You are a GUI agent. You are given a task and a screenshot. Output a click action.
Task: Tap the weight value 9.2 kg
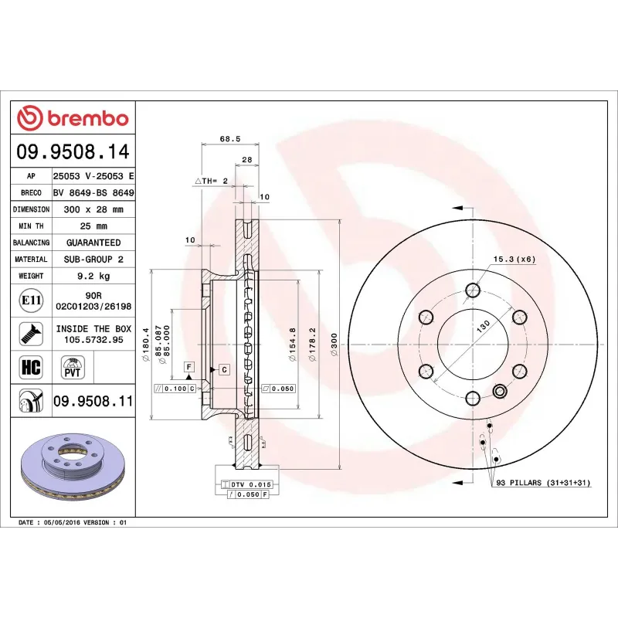tap(93, 276)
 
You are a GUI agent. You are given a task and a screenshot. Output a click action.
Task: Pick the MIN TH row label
tap(31, 226)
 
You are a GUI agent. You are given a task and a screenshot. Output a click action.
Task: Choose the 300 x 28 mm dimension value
tap(93, 209)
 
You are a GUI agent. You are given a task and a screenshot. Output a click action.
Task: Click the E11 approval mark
tap(32, 300)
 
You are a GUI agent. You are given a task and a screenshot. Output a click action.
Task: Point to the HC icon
tap(32, 366)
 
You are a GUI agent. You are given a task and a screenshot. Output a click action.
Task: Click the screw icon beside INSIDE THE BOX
tap(32, 334)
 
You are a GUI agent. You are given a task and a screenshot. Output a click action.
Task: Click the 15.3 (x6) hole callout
tap(514, 259)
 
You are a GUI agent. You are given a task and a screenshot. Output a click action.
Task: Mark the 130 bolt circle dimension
tap(482, 328)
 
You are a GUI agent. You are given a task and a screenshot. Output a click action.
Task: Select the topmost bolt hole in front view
tap(472, 291)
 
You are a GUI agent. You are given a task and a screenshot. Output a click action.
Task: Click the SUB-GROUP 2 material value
tap(93, 260)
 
